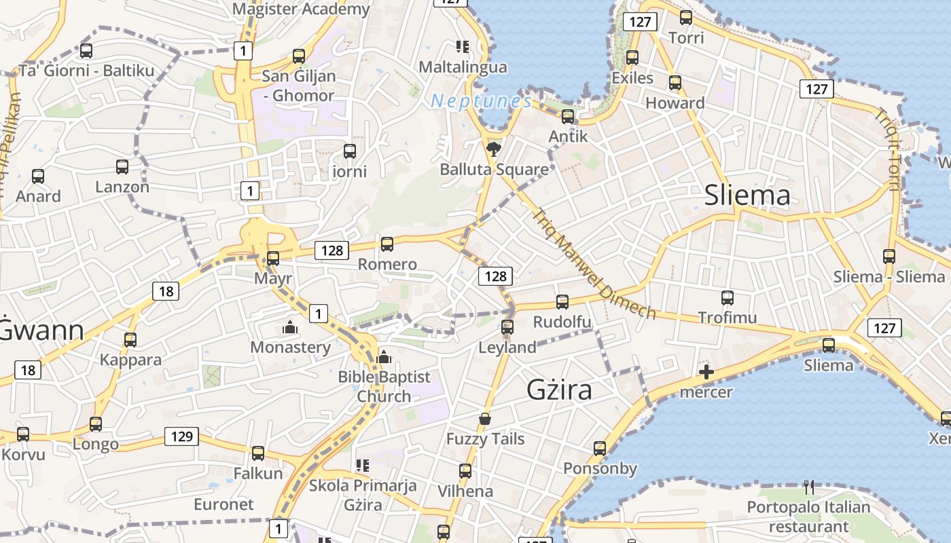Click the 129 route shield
(181, 436)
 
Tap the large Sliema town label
(747, 195)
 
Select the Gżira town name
(559, 390)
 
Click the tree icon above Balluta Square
(494, 149)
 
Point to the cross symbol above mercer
(706, 372)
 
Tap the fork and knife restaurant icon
(808, 487)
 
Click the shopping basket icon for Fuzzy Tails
(485, 419)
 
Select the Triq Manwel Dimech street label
(593, 263)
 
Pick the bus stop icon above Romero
(387, 244)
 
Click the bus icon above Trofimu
(727, 297)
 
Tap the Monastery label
(290, 348)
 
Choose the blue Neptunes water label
(481, 101)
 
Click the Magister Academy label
(301, 9)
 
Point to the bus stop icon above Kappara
(130, 339)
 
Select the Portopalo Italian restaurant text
(808, 517)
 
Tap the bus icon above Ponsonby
(599, 448)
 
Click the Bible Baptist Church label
(384, 386)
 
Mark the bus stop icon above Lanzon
(122, 166)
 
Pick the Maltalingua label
(463, 67)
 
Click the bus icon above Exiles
(632, 58)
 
